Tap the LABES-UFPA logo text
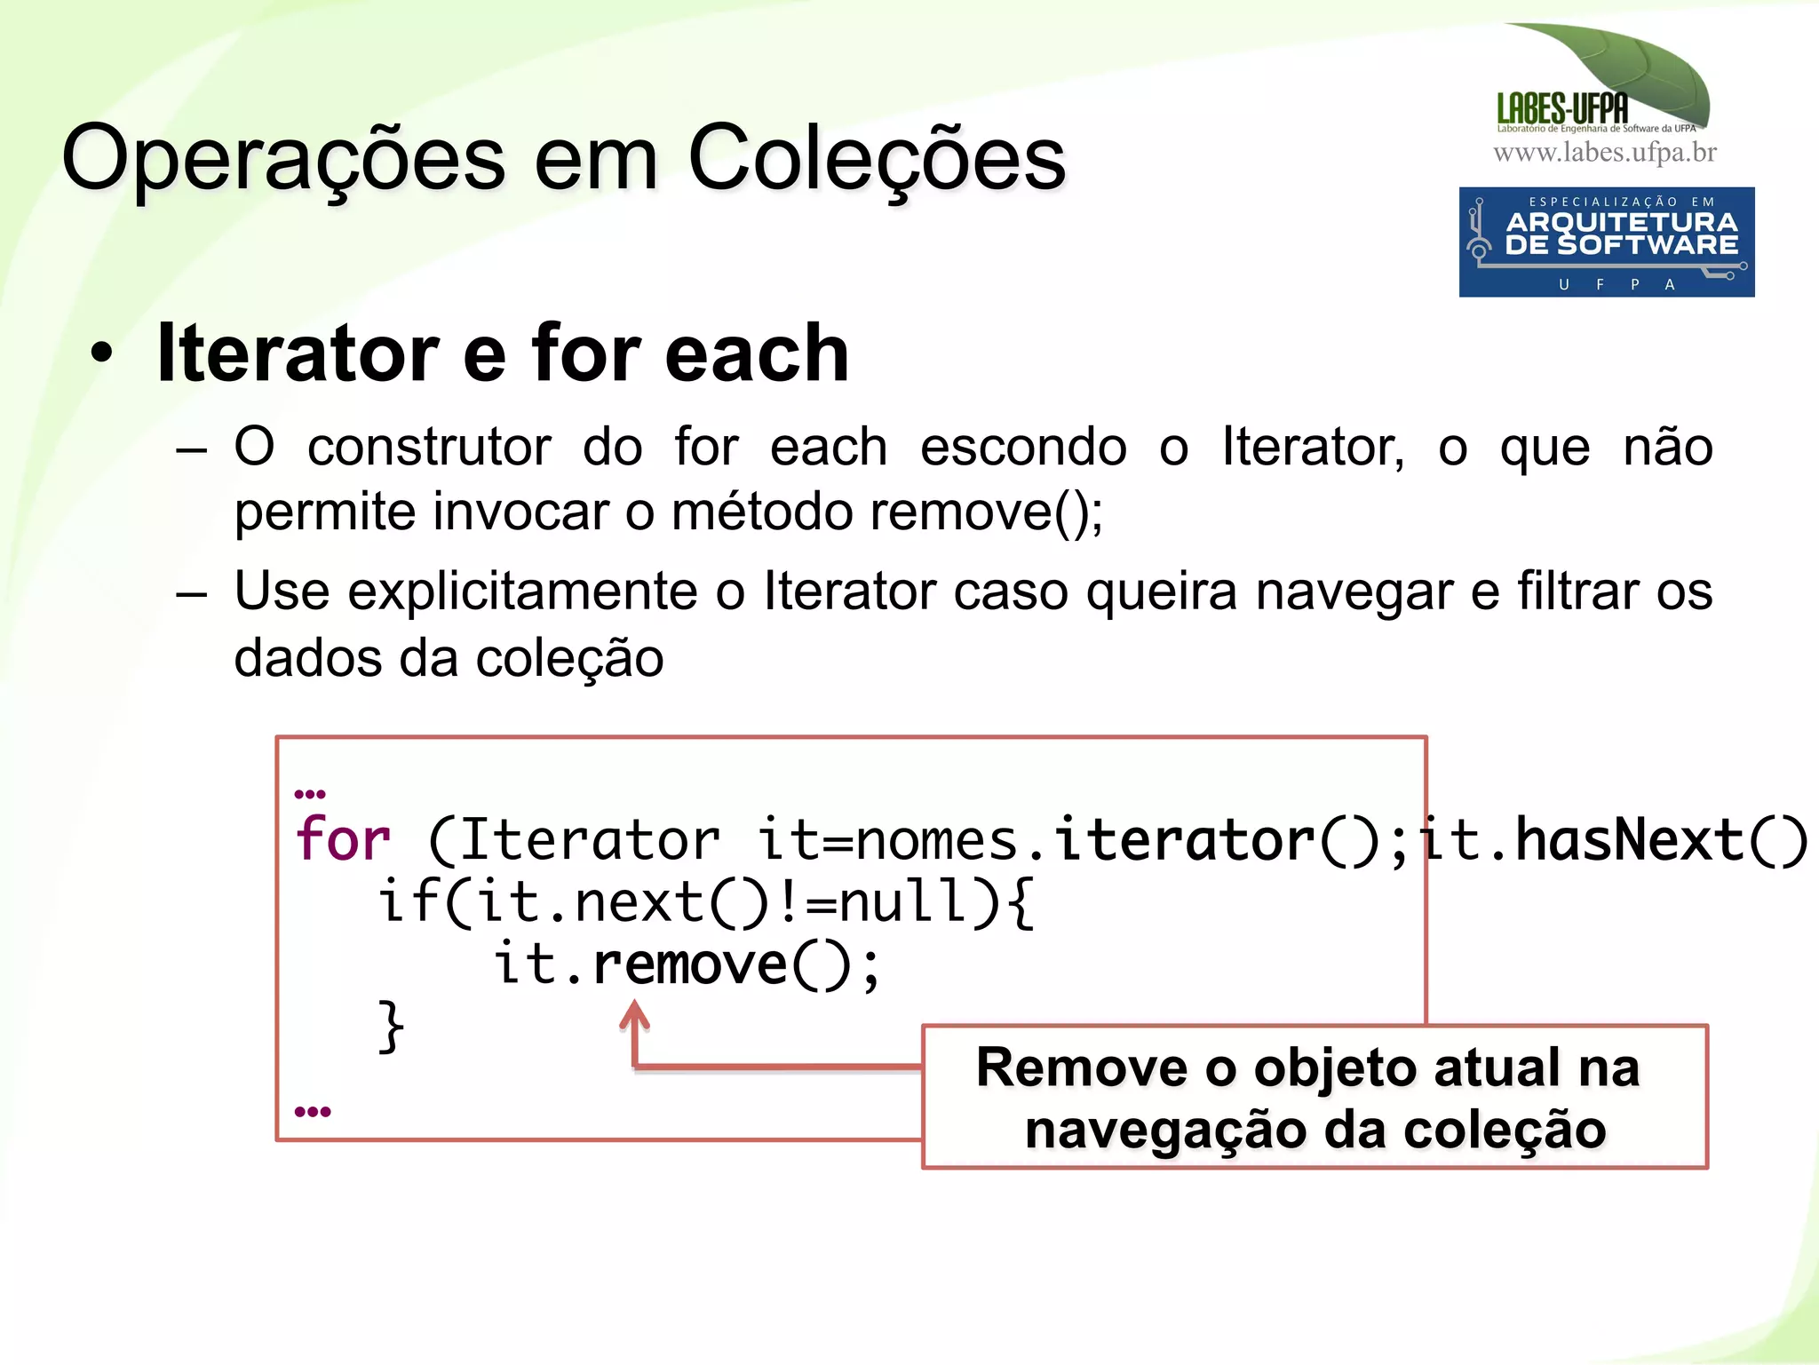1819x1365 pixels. pyautogui.click(x=1561, y=108)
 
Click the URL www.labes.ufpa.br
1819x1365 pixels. pyautogui.click(x=1604, y=153)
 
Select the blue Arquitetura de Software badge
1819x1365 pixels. pyautogui.click(x=1606, y=242)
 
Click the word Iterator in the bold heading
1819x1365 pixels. pyautogui.click(x=298, y=353)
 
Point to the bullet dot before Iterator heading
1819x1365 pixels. pyautogui.click(x=102, y=353)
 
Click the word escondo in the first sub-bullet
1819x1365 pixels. pyautogui.click(x=1022, y=447)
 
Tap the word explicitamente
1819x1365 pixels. pyautogui.click(x=521, y=592)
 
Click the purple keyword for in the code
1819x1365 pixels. pyautogui.click(x=343, y=839)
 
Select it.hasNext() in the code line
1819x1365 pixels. pyautogui.click(x=1612, y=839)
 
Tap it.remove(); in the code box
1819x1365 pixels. pyautogui.click(x=686, y=964)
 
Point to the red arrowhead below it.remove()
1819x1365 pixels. pyautogui.click(x=634, y=1013)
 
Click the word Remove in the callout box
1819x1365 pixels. pyautogui.click(x=1081, y=1067)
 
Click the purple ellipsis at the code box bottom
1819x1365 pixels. pyautogui.click(x=312, y=1112)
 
